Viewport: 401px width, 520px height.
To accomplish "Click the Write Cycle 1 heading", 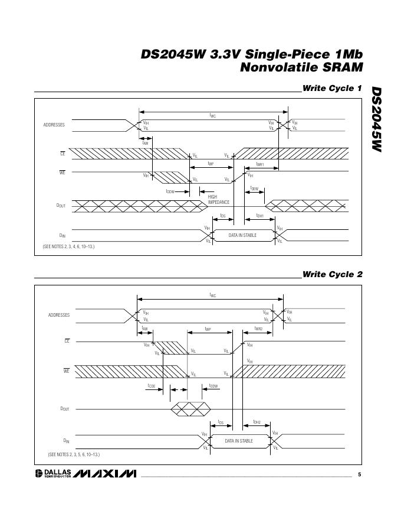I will (332, 89).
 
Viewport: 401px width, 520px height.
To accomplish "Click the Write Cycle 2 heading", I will (332, 274).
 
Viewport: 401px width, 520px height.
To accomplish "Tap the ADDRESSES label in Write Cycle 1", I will (54, 125).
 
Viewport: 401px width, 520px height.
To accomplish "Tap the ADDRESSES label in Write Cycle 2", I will (59, 315).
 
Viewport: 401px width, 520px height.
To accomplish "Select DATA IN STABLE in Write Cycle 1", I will (242, 235).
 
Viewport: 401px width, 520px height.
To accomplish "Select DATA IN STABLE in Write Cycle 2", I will (239, 441).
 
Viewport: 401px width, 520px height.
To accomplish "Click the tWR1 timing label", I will (259, 165).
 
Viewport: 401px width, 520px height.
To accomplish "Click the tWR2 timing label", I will (258, 329).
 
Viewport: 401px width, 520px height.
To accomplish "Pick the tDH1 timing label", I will (259, 216).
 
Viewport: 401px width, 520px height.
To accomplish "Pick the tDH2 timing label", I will (257, 422).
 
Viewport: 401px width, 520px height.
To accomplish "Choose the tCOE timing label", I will (152, 385).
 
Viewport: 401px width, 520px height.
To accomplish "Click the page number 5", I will (359, 474).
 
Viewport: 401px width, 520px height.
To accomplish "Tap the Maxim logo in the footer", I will (106, 474).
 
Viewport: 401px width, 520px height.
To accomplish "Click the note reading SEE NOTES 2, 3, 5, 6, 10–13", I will (74, 454).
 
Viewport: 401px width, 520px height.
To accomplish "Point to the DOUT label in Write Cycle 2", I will (64, 409).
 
